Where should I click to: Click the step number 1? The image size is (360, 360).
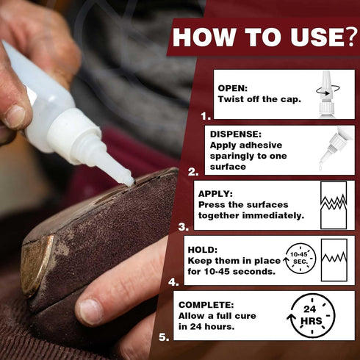click(205, 115)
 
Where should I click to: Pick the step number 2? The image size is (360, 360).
click(193, 172)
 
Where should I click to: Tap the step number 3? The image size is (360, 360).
click(184, 227)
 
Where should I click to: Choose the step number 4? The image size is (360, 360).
click(173, 281)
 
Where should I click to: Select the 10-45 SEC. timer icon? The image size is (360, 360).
click(300, 259)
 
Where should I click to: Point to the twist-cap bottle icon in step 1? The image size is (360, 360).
click(326, 93)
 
